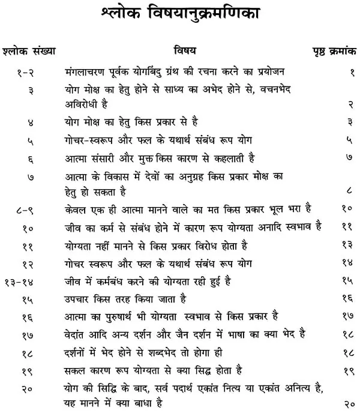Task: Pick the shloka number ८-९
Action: (25, 212)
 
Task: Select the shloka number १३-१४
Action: (24, 280)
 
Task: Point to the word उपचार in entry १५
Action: (79, 298)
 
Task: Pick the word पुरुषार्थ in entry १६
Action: (130, 315)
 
